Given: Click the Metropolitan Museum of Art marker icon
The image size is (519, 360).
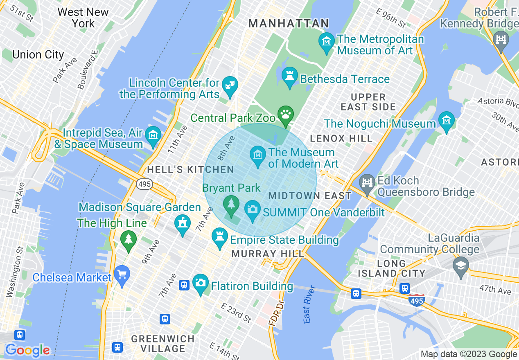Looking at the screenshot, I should point(326,42).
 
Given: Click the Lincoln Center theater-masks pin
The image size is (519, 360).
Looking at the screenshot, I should point(230,86).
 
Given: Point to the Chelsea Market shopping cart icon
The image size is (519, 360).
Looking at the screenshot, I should point(122,274).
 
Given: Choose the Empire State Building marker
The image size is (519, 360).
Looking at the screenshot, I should point(220,238).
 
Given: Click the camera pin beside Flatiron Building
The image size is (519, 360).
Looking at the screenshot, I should point(200,283).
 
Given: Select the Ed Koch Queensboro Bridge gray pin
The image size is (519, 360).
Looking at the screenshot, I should point(367,183).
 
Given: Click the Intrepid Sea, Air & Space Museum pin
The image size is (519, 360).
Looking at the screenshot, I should point(153,136).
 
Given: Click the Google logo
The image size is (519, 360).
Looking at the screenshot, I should point(27,351).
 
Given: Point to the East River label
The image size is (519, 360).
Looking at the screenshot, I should point(310,304).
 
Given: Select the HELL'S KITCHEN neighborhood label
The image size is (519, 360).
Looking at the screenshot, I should point(190,169).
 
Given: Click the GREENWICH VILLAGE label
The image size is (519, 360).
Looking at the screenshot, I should point(163,344).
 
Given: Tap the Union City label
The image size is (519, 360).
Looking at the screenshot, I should point(38,55).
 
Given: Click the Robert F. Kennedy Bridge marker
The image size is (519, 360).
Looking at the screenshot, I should point(501,40).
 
